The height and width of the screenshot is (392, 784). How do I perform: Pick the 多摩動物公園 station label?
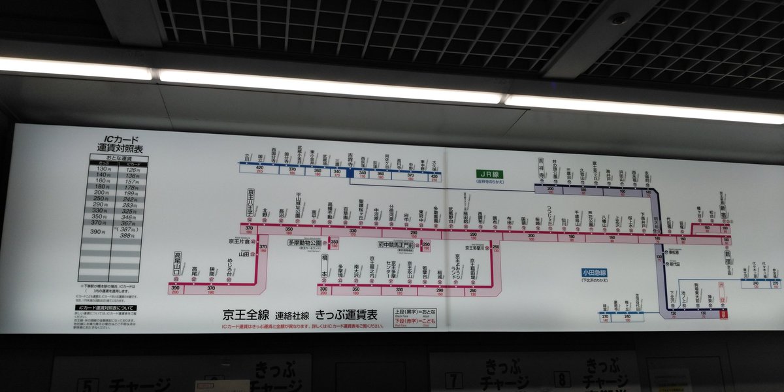tap(306, 242)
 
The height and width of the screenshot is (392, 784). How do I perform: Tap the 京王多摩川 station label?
tap(478, 248)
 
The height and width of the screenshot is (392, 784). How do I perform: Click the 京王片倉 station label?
tap(240, 241)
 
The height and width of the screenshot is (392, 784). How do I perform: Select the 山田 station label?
tap(244, 254)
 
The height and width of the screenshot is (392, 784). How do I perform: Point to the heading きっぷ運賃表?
tap(346, 314)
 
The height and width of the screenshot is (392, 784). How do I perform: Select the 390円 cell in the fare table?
tap(97, 232)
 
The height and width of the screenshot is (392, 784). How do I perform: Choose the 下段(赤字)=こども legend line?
tap(416, 321)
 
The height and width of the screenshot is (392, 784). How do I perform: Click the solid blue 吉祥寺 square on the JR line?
tap(350, 173)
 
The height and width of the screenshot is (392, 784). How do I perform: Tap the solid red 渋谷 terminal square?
tap(723, 314)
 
